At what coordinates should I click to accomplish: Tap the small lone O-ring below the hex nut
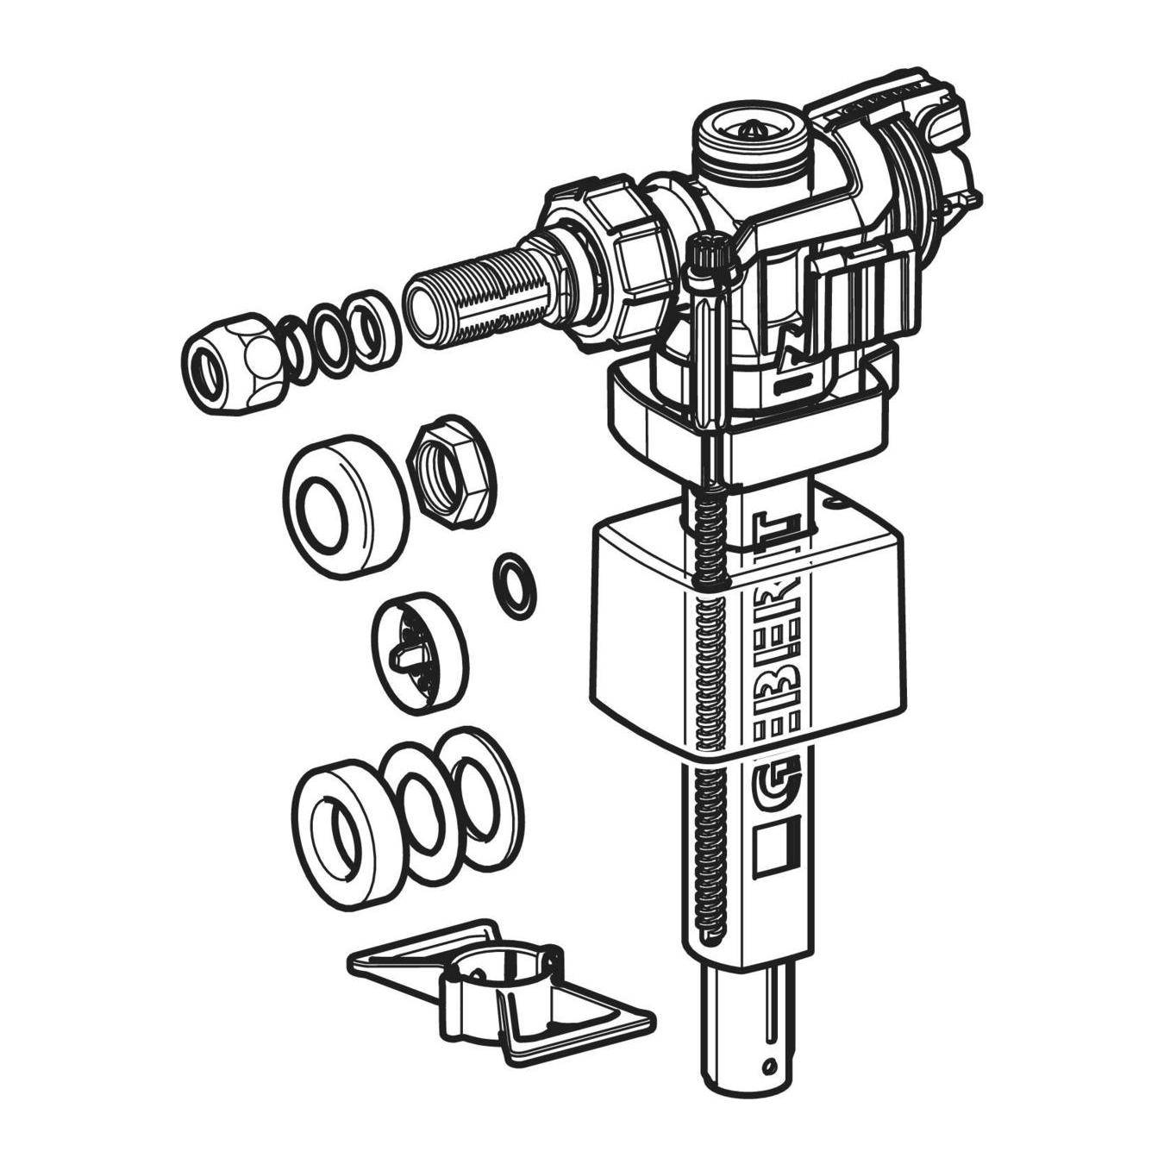click(x=516, y=586)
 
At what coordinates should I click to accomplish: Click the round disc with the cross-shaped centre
click(x=420, y=659)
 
